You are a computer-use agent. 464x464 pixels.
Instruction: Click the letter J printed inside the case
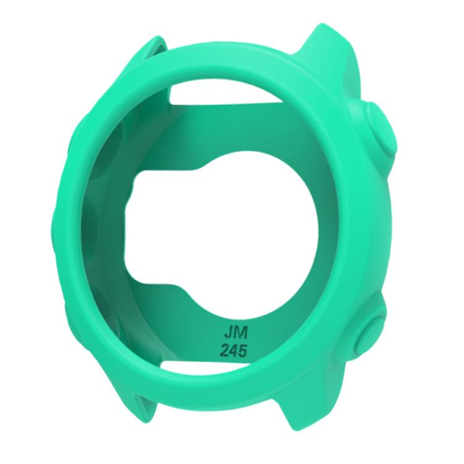228,333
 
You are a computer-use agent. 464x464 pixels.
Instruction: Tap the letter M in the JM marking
240,333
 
